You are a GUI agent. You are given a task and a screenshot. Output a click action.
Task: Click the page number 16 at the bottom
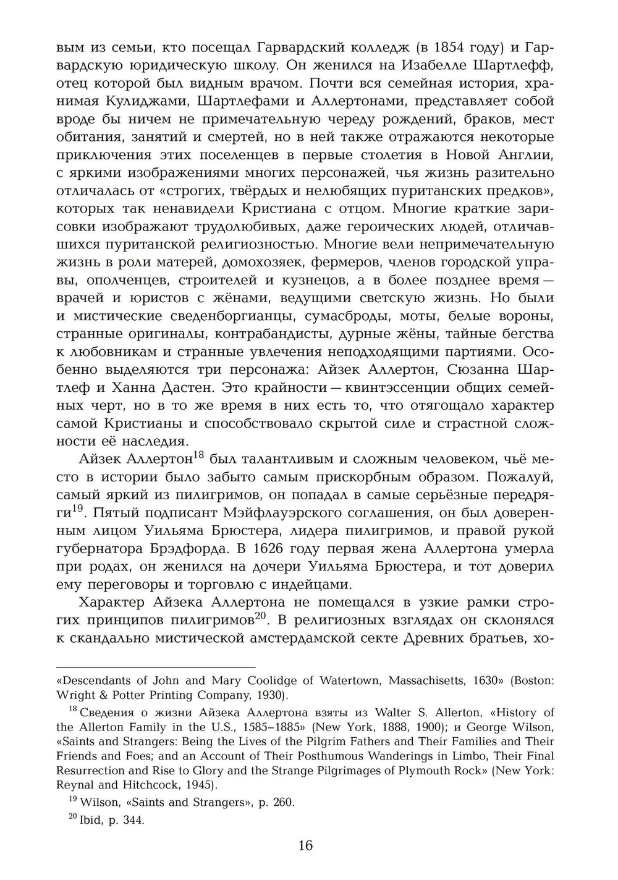click(x=305, y=845)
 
